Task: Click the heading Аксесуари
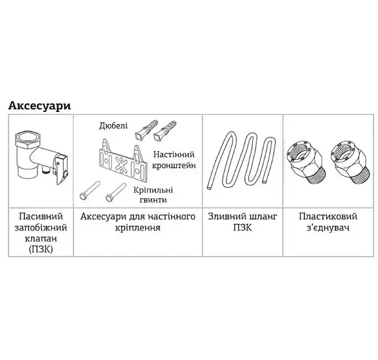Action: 39,106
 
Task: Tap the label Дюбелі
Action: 113,126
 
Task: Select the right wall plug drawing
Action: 164,131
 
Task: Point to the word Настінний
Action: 174,154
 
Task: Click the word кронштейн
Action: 174,166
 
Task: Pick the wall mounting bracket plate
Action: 123,160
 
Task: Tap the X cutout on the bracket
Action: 121,165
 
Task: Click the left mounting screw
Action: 90,190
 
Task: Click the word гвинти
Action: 153,200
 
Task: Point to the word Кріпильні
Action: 153,190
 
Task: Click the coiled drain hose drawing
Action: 241,160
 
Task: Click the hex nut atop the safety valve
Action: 26,139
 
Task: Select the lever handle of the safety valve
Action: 61,170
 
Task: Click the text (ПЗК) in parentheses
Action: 41,249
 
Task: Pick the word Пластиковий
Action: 328,216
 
